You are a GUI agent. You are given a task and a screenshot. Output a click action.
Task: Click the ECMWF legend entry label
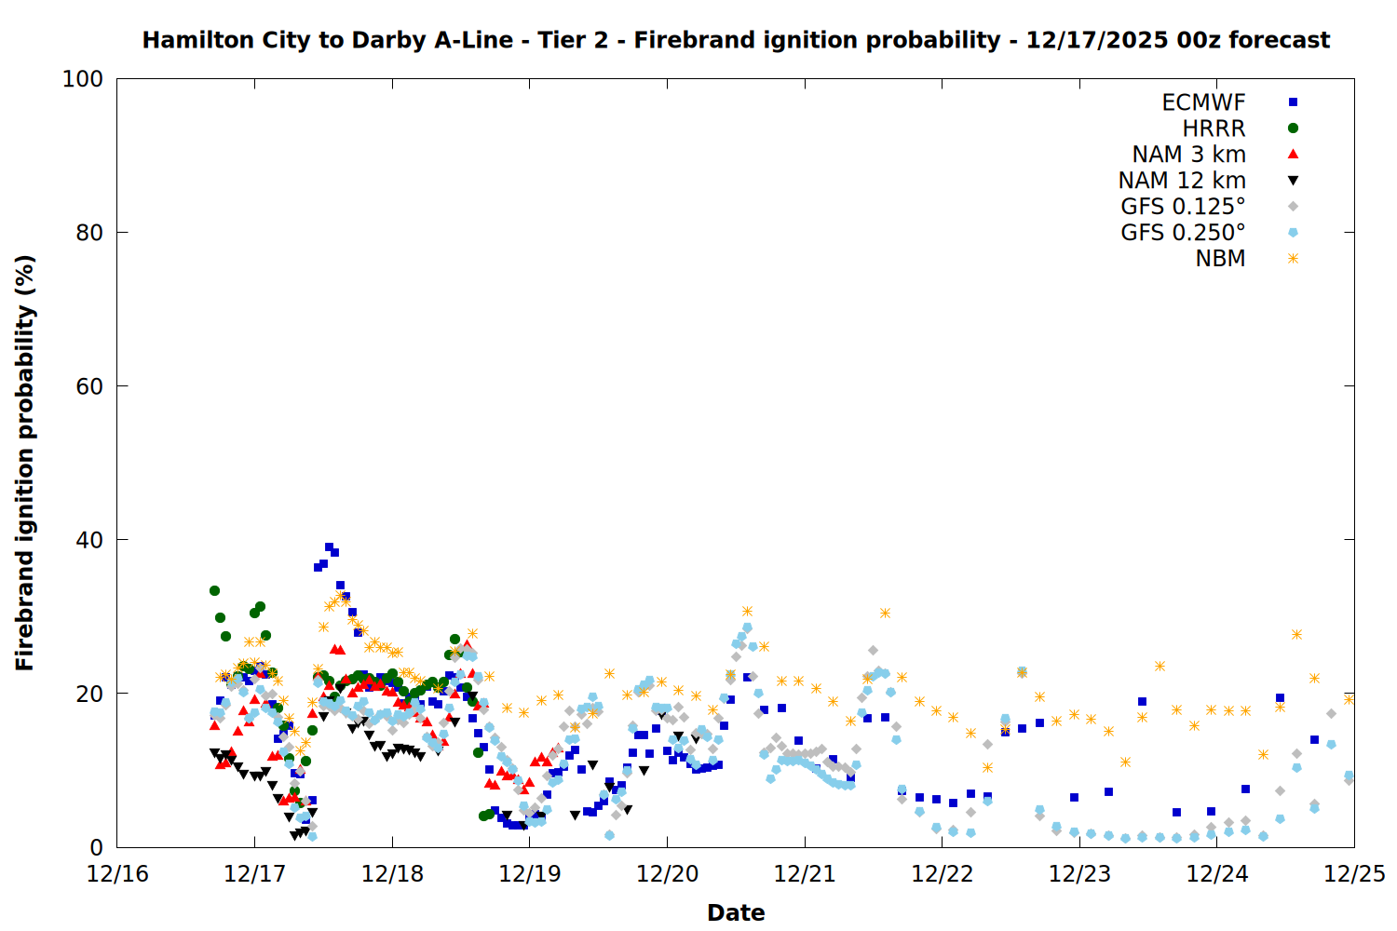[x=1203, y=102]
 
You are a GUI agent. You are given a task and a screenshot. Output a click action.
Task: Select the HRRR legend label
[x=1214, y=128]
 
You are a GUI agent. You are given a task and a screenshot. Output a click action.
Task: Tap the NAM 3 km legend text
[x=1188, y=155]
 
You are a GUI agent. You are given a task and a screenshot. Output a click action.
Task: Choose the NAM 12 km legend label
[x=1182, y=181]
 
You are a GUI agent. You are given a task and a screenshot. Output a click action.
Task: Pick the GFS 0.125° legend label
[x=1183, y=207]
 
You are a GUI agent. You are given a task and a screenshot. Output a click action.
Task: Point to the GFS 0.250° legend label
[x=1183, y=233]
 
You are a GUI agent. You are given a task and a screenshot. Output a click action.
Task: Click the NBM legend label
[x=1220, y=259]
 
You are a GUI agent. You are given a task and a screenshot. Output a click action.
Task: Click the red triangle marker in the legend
[x=1293, y=154]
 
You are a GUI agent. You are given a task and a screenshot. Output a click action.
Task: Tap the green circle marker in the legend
[x=1293, y=128]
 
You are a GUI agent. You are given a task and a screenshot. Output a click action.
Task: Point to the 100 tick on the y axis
[x=83, y=79]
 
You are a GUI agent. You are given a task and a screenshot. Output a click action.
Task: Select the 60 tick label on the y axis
[x=89, y=386]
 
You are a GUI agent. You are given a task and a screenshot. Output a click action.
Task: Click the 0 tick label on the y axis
[x=96, y=847]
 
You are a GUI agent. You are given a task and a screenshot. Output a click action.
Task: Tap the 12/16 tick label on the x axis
[x=117, y=874]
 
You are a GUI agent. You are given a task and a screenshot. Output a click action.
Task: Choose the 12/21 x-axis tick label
[x=805, y=874]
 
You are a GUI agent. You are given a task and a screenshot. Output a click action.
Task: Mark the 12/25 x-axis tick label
[x=1354, y=874]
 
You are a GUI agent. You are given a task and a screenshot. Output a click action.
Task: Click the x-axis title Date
[x=736, y=912]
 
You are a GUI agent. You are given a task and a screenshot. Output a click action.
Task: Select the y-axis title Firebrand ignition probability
[x=25, y=463]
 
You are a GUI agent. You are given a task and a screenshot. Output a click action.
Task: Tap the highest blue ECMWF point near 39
[x=329, y=547]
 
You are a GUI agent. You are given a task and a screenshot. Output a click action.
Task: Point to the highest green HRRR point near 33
[x=214, y=590]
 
